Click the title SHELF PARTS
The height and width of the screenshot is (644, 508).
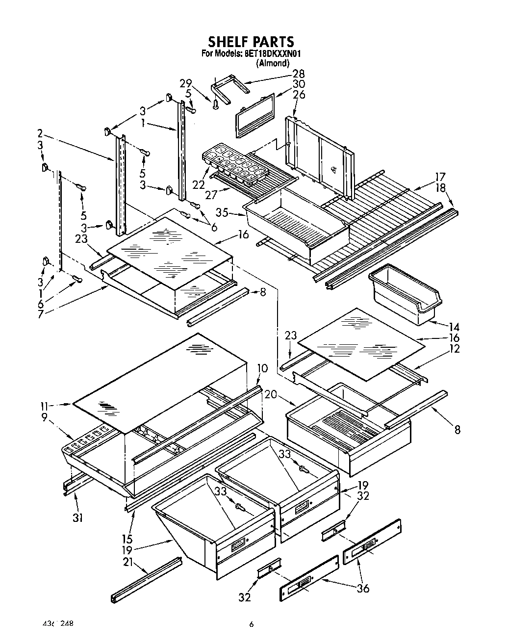pyautogui.click(x=251, y=41)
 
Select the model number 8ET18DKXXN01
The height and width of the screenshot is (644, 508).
pyautogui.click(x=269, y=54)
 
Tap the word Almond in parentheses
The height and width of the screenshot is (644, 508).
pyautogui.click(x=272, y=63)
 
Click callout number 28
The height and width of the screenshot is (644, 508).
pyautogui.click(x=298, y=74)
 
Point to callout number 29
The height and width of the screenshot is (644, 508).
pyautogui.click(x=185, y=83)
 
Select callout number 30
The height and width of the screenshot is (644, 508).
pyautogui.click(x=298, y=84)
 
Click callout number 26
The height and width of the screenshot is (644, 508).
pyautogui.click(x=298, y=94)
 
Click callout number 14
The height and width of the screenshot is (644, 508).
pyautogui.click(x=454, y=326)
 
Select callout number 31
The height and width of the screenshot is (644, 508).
pyautogui.click(x=77, y=504)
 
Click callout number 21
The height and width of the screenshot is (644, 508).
pyautogui.click(x=128, y=563)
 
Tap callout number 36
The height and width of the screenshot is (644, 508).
pyautogui.click(x=362, y=589)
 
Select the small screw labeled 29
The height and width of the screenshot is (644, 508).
pyautogui.click(x=215, y=103)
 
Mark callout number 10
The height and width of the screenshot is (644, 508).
pyautogui.click(x=262, y=368)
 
